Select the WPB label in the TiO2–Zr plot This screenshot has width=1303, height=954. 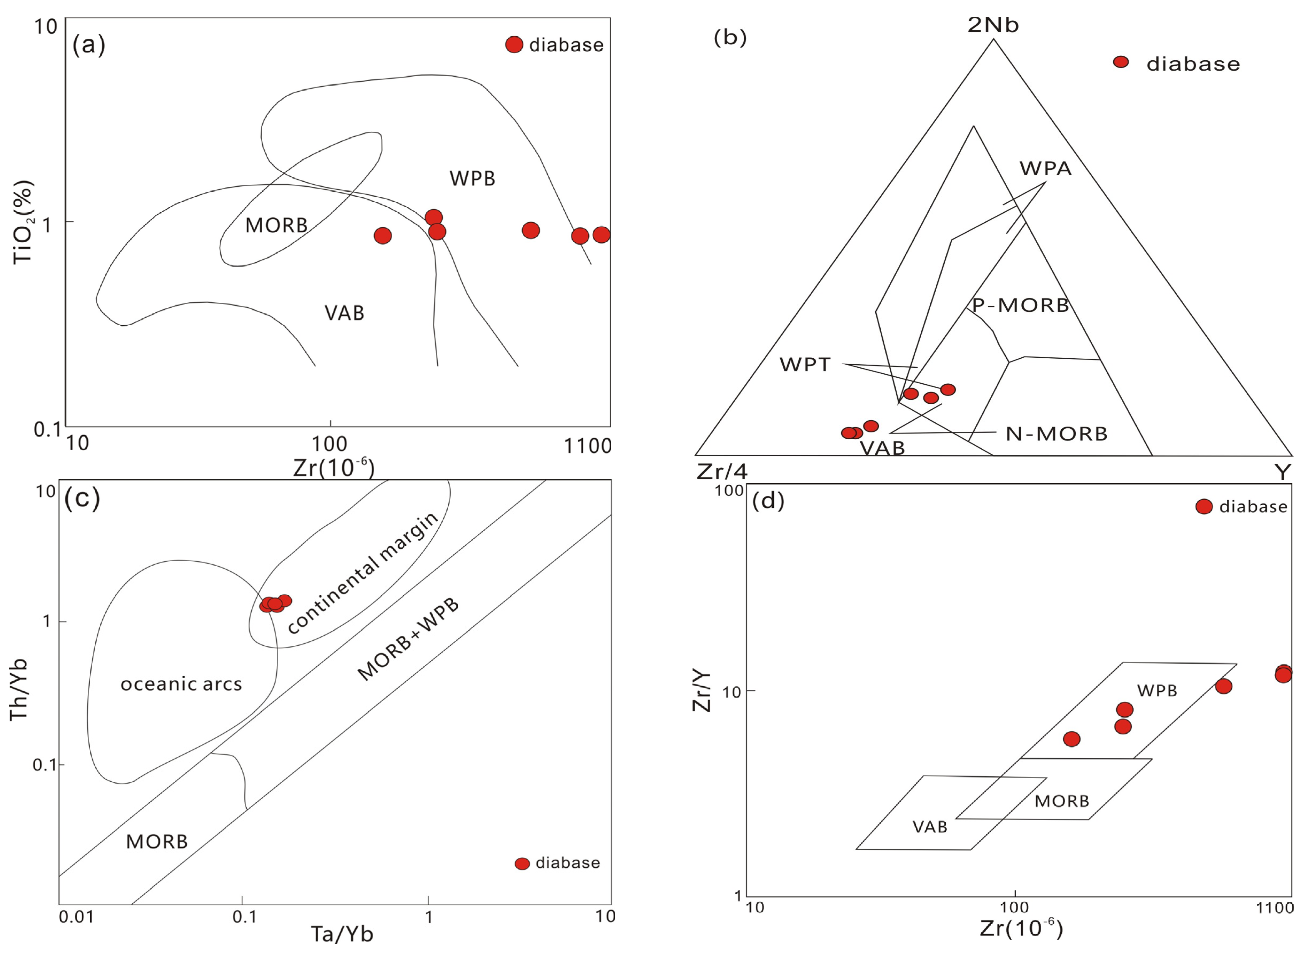(472, 179)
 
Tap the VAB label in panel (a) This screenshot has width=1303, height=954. (344, 313)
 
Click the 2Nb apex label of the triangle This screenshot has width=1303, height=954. (993, 25)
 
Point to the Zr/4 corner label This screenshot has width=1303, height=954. (722, 472)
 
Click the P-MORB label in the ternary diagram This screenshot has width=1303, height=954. (1021, 305)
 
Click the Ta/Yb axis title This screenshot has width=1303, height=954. (342, 934)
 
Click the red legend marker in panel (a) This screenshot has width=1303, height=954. (514, 44)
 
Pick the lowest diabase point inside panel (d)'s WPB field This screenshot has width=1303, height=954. (1071, 739)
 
